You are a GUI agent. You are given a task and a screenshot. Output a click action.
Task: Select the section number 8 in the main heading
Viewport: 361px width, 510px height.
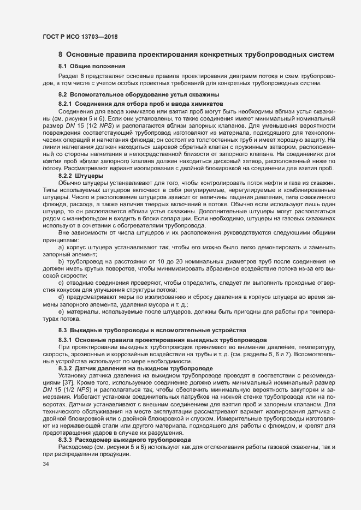[61, 55]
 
